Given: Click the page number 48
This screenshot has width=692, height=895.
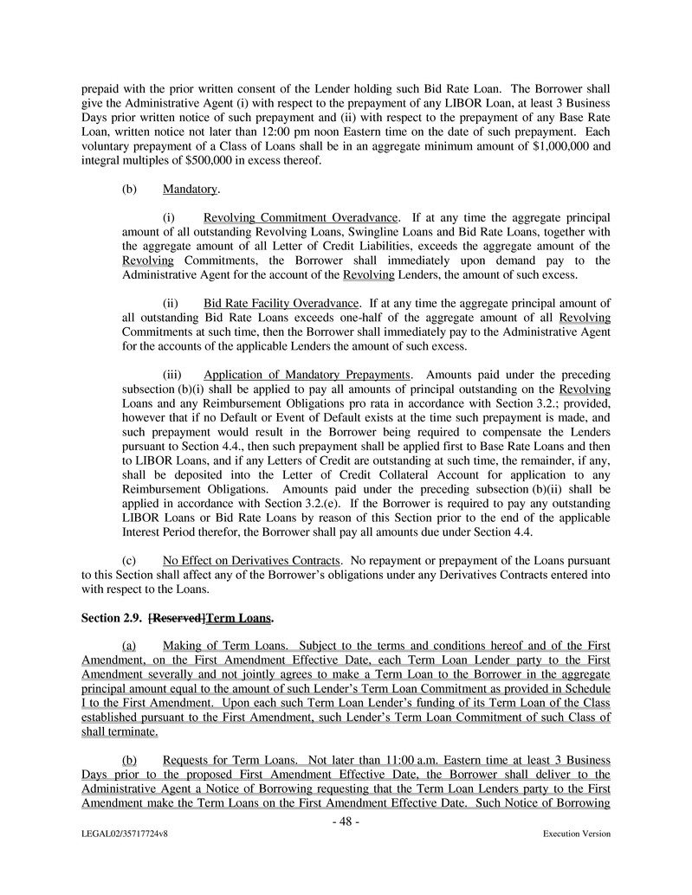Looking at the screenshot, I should pos(346,821).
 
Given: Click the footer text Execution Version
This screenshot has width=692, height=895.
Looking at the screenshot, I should pos(576,834).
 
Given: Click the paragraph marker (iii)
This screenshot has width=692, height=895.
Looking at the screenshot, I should pos(172,375).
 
